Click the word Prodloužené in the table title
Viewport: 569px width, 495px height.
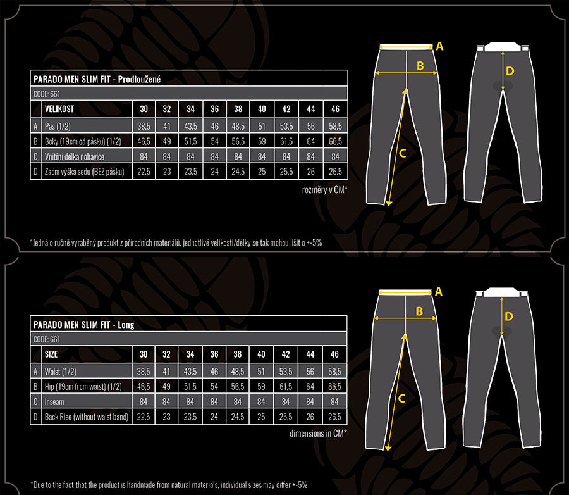(139, 79)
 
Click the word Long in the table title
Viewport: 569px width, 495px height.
(126, 325)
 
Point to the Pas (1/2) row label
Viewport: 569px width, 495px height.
(58, 126)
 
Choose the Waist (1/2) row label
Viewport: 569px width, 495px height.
(60, 372)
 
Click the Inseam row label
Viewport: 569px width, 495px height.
(54, 401)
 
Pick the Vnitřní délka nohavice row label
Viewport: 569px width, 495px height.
(75, 156)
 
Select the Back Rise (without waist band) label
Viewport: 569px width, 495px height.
(87, 417)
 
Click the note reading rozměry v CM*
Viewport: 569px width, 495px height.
(325, 189)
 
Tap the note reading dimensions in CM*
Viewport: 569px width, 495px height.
(318, 433)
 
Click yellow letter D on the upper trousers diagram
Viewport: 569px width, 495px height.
(510, 71)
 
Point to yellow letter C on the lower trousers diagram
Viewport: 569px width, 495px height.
(401, 399)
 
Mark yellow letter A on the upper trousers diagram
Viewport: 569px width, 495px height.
(439, 46)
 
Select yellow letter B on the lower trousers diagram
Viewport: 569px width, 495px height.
(419, 311)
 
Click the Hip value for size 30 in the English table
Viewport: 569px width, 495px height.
(144, 387)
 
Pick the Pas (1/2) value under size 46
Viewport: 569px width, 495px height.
(335, 126)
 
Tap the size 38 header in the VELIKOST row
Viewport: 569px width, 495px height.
(238, 109)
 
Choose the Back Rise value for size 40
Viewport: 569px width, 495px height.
(261, 417)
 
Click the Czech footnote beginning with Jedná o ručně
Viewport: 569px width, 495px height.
(176, 243)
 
